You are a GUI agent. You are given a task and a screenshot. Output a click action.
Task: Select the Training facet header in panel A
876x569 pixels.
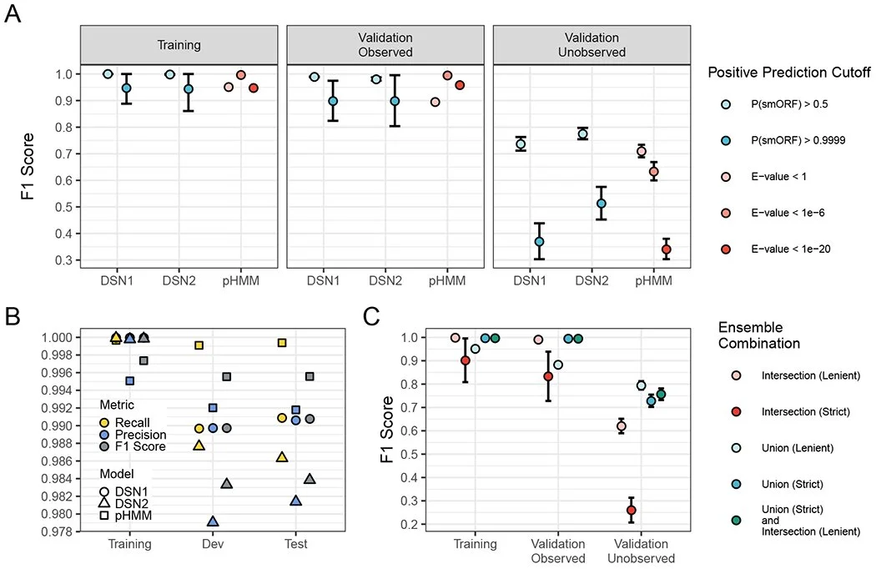[x=179, y=44]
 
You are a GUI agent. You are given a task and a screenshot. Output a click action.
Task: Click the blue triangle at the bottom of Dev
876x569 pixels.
[x=213, y=521]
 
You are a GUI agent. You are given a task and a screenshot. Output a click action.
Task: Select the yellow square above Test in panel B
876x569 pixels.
[x=282, y=342]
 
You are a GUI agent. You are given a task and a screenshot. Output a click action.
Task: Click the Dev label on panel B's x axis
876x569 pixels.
[x=212, y=544]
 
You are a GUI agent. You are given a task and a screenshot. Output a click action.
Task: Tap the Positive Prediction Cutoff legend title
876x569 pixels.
[x=789, y=72]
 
